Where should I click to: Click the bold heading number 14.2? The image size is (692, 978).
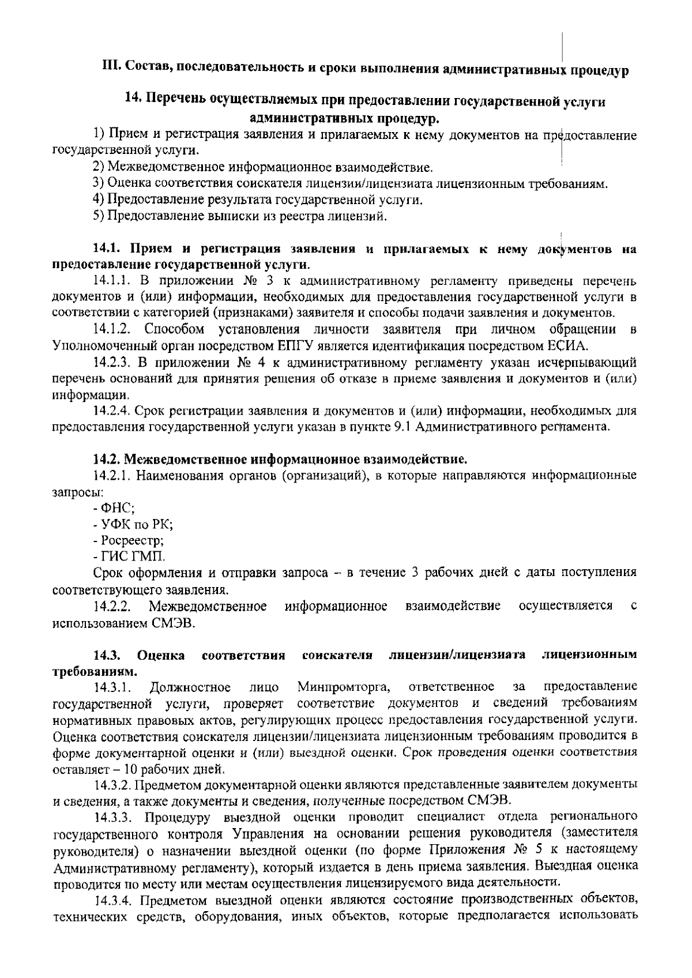[x=107, y=460]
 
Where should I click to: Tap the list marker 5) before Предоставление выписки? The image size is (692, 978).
[x=99, y=217]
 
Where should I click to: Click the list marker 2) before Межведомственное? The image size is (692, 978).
[x=99, y=168]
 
